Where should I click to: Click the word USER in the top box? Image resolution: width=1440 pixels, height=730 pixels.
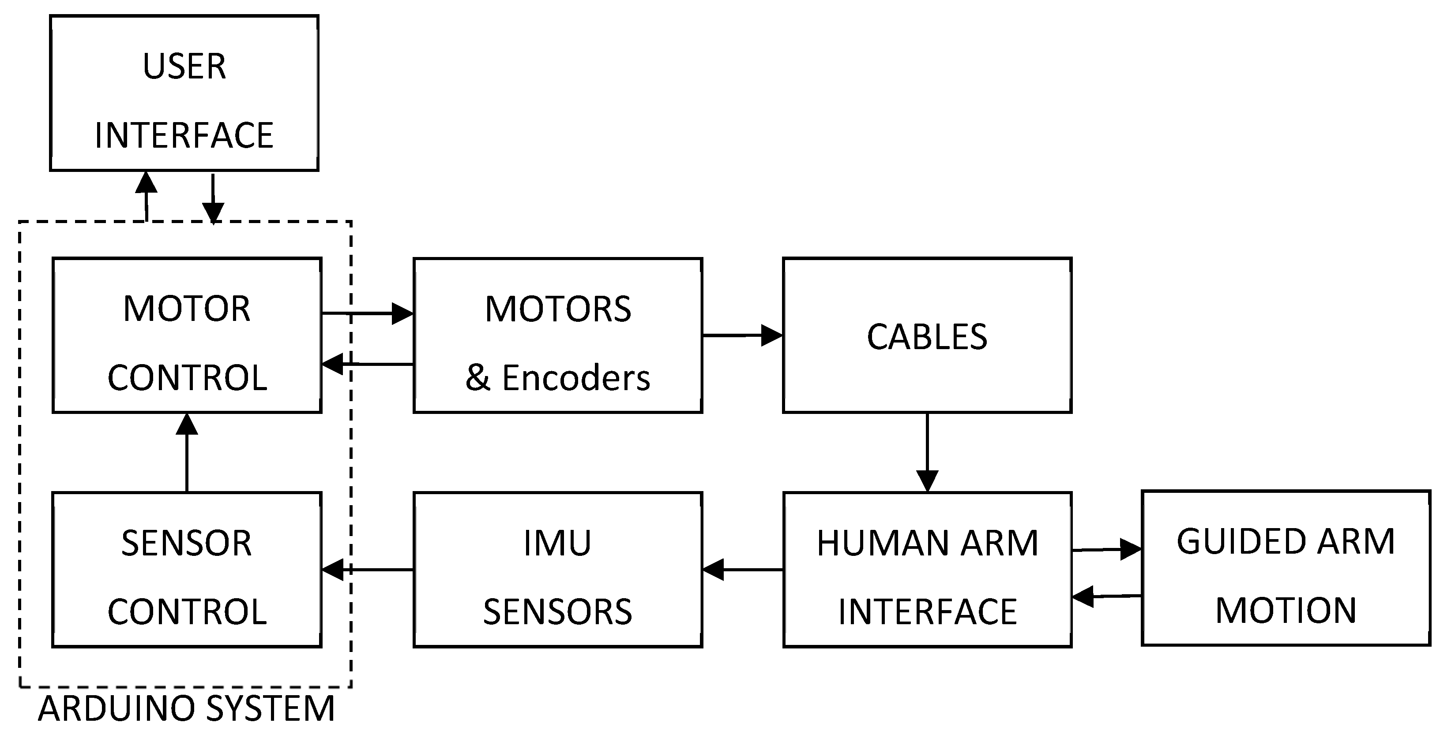[x=184, y=67]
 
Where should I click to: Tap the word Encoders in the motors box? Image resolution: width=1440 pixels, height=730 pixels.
[x=576, y=378]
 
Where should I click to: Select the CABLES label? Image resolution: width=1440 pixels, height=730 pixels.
[x=927, y=337]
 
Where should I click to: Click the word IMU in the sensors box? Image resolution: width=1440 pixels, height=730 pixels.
[x=557, y=543]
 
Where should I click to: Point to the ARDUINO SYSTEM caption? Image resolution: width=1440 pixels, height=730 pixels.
[x=186, y=708]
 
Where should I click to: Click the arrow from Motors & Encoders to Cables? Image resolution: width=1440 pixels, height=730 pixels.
[x=742, y=335]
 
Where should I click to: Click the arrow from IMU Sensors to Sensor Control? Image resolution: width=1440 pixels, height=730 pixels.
[x=368, y=570]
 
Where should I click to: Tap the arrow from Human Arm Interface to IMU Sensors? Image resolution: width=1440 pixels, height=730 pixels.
[x=742, y=570]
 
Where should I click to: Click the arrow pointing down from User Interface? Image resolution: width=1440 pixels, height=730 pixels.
[x=213, y=198]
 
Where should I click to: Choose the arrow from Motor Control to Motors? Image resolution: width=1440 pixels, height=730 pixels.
[x=368, y=313]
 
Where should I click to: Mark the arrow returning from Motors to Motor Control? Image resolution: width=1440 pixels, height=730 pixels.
[x=368, y=364]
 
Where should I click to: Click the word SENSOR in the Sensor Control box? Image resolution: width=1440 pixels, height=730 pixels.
[x=186, y=544]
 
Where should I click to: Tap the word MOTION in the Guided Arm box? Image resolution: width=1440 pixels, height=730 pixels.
[x=1286, y=611]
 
